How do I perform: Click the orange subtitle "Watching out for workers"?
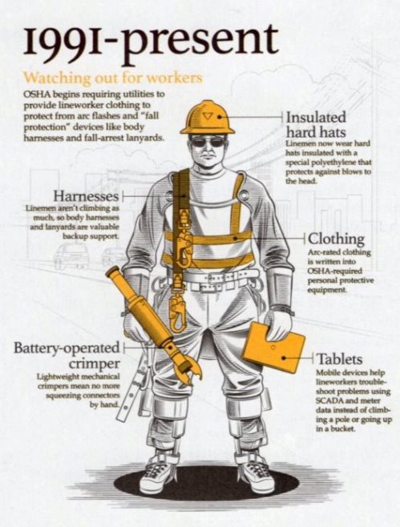coord(114,78)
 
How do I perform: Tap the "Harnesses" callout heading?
coord(87,195)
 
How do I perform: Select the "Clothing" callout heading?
coord(337,239)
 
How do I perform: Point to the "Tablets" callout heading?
coord(340,359)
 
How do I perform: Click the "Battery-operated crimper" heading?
coord(67,356)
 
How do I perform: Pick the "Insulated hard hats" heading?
coord(316,125)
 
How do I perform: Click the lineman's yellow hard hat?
coord(208,118)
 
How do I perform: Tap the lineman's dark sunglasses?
coord(208,143)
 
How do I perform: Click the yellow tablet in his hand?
coord(274,347)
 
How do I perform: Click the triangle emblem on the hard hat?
coord(207,116)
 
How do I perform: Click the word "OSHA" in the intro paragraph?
coord(35,94)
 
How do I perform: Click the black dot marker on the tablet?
coord(285,358)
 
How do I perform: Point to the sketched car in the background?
coord(71,256)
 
